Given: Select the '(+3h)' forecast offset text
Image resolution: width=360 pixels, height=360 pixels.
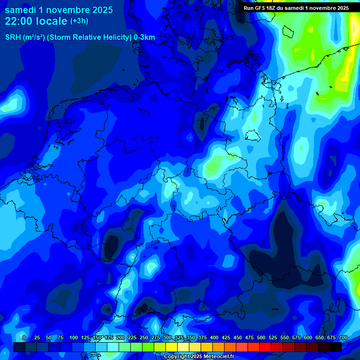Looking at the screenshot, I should pos(79,21).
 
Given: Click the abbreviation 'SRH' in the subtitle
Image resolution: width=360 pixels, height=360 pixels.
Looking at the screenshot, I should pos(13,37).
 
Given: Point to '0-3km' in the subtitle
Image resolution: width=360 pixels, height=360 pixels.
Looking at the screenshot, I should pos(144,37).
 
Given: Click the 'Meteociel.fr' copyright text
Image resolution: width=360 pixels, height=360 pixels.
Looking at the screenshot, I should pos(215,357).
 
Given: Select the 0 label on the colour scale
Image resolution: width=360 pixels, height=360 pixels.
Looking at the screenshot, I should pos(24,337).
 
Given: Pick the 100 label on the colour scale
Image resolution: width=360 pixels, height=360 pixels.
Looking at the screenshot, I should pos(74,337).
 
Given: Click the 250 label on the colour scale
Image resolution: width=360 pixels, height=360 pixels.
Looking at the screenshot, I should pos(144,337).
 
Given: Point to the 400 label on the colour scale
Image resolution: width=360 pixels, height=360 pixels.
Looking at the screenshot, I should pos(214,337).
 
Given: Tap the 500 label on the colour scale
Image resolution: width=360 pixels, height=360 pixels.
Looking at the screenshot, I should pos(261,337).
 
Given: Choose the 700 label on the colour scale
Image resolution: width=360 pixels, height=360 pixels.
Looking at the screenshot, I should pos(343,337).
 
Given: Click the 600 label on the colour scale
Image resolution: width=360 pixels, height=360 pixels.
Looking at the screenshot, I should pos(308,337).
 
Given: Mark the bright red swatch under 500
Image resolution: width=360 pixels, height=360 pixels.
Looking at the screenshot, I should pos(265,347).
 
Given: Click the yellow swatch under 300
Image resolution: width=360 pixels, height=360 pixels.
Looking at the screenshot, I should pos(171,347).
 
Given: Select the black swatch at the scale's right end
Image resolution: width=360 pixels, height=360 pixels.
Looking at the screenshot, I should pos(335,347).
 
